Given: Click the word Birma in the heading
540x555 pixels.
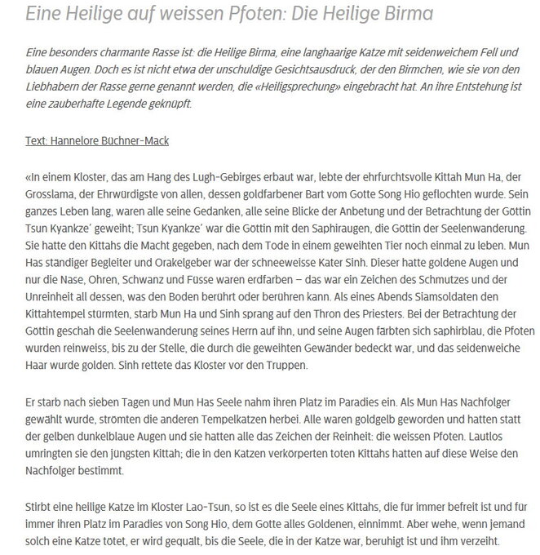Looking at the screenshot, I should pyautogui.click(x=401, y=15).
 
